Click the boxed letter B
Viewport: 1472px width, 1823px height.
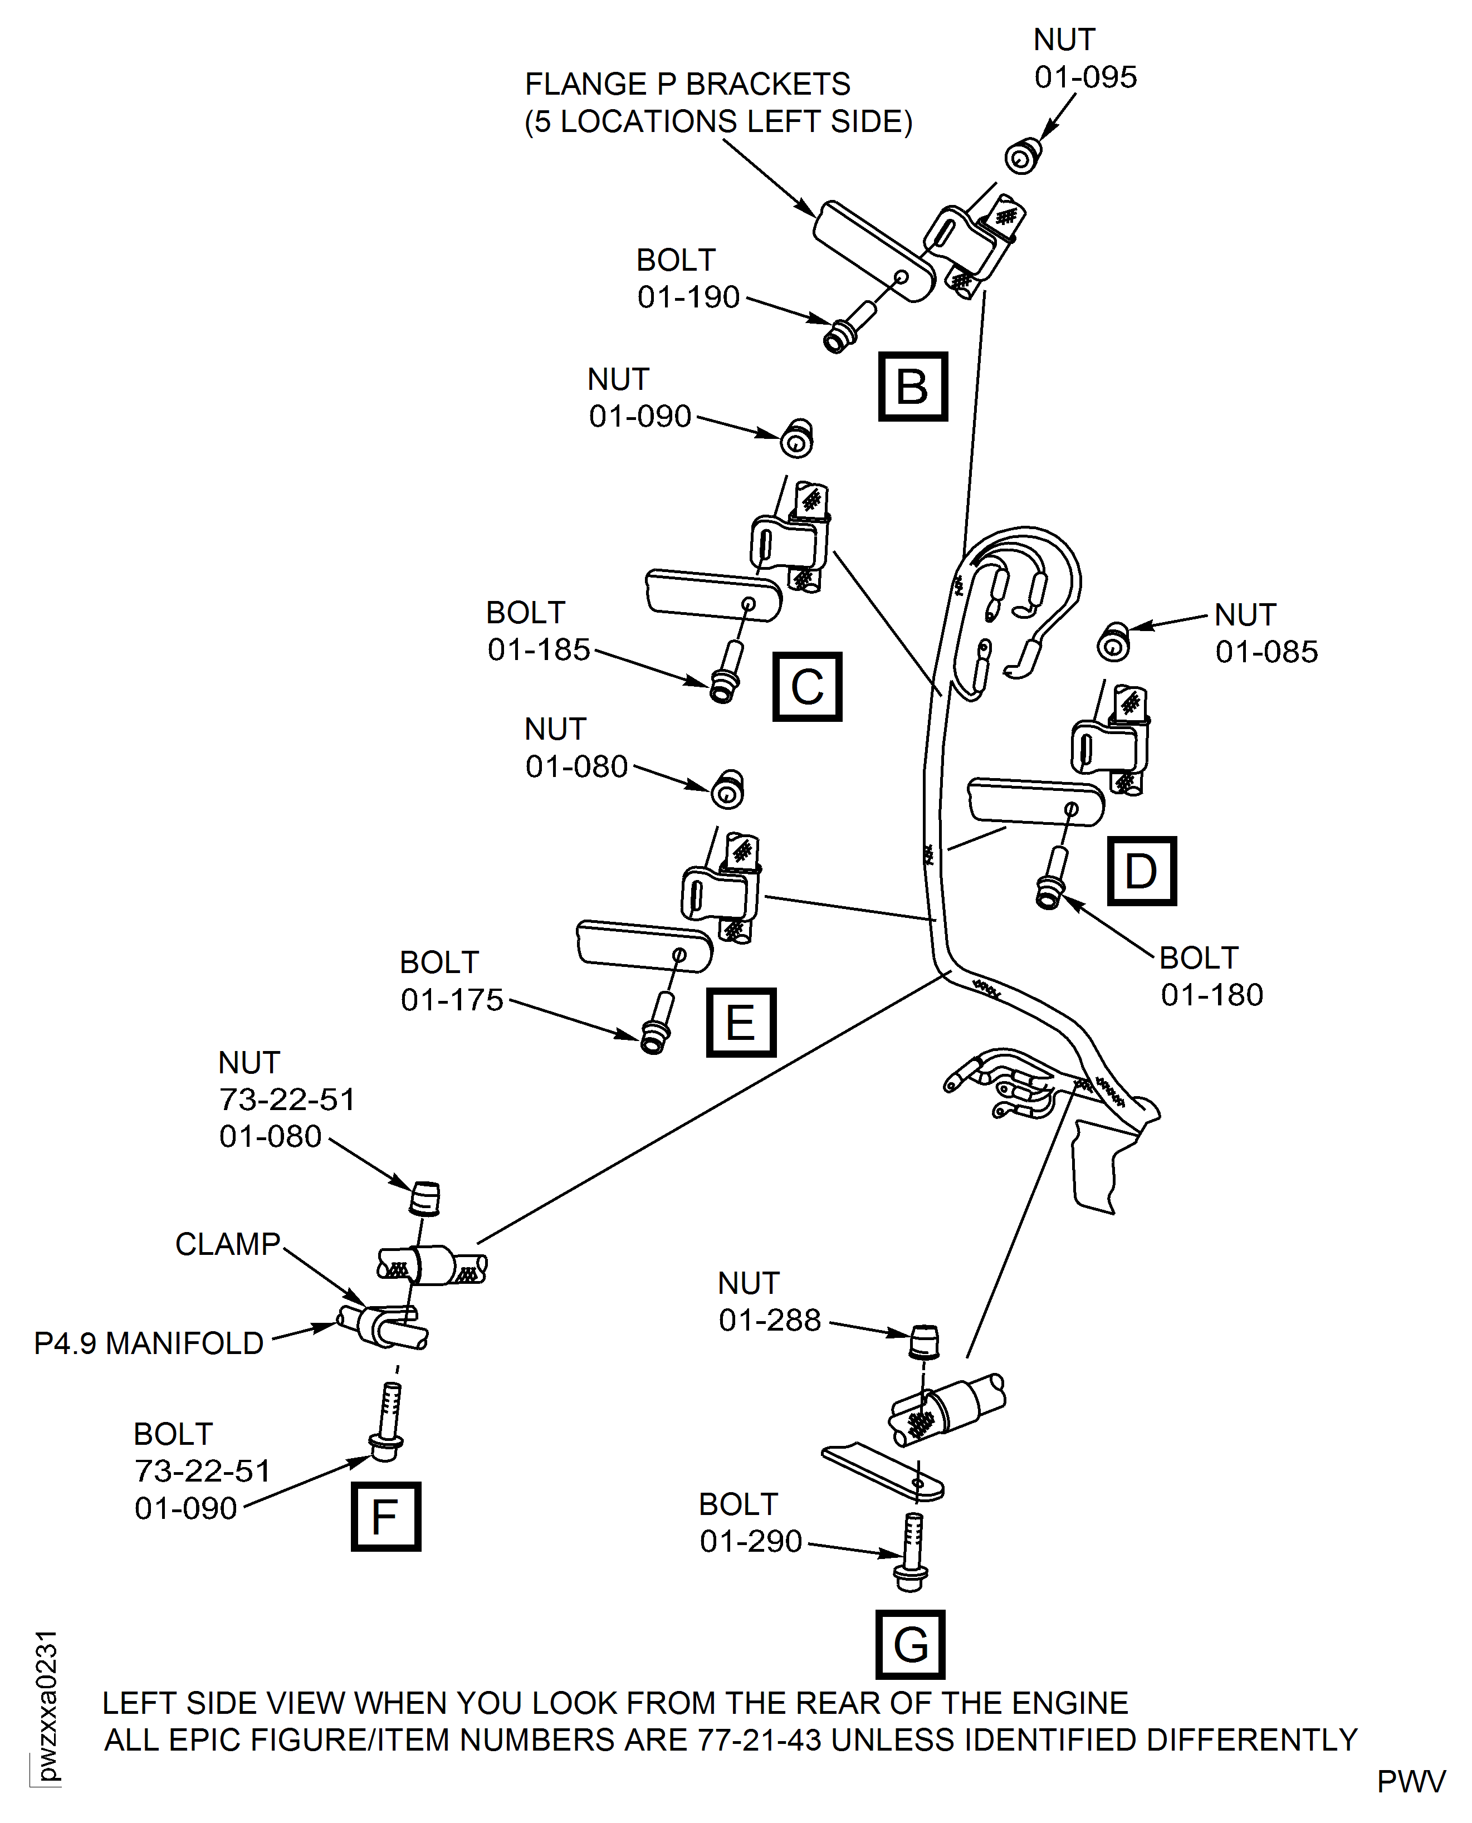[x=912, y=387]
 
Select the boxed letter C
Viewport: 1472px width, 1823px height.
[x=807, y=687]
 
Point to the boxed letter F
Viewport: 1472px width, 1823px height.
[x=386, y=1517]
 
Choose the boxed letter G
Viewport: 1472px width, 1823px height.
[x=911, y=1645]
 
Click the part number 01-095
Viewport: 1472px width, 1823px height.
[x=1085, y=77]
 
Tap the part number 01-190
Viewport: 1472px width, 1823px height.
[x=688, y=297]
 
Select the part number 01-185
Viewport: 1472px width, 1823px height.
[x=539, y=649]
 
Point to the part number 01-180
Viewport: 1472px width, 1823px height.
[x=1212, y=995]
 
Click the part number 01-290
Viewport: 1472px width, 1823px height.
[x=750, y=1541]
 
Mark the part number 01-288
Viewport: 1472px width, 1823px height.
[x=770, y=1319]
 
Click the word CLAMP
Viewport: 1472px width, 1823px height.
[x=227, y=1244]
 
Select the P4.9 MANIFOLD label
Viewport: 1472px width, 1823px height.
[x=148, y=1343]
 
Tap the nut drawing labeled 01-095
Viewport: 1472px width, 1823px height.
[x=1023, y=156]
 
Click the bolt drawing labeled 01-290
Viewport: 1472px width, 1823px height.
[x=912, y=1553]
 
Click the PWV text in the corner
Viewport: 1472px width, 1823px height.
[x=1411, y=1781]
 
